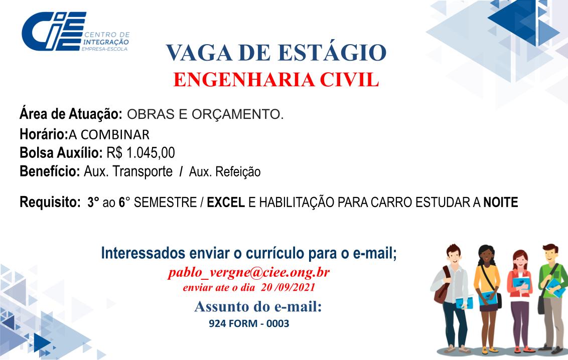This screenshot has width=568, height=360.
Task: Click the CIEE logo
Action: (75, 32)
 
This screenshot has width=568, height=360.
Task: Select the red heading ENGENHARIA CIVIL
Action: (276, 80)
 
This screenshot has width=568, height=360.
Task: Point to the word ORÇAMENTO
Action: (237, 114)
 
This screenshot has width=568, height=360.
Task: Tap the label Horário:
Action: (44, 134)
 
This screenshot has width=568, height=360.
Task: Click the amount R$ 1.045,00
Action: (140, 153)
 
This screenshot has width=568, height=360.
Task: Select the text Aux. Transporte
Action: (128, 171)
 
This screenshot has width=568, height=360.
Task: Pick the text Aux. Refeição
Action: (225, 172)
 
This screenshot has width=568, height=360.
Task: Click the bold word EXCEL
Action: (226, 202)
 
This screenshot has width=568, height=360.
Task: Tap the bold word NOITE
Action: (501, 202)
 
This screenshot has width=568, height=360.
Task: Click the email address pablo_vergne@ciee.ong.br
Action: (248, 272)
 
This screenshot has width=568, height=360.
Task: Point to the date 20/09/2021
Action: (288, 287)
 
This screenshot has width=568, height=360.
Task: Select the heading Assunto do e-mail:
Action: (258, 306)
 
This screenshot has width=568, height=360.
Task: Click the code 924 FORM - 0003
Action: (249, 323)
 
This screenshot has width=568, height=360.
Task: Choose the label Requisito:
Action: (50, 202)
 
